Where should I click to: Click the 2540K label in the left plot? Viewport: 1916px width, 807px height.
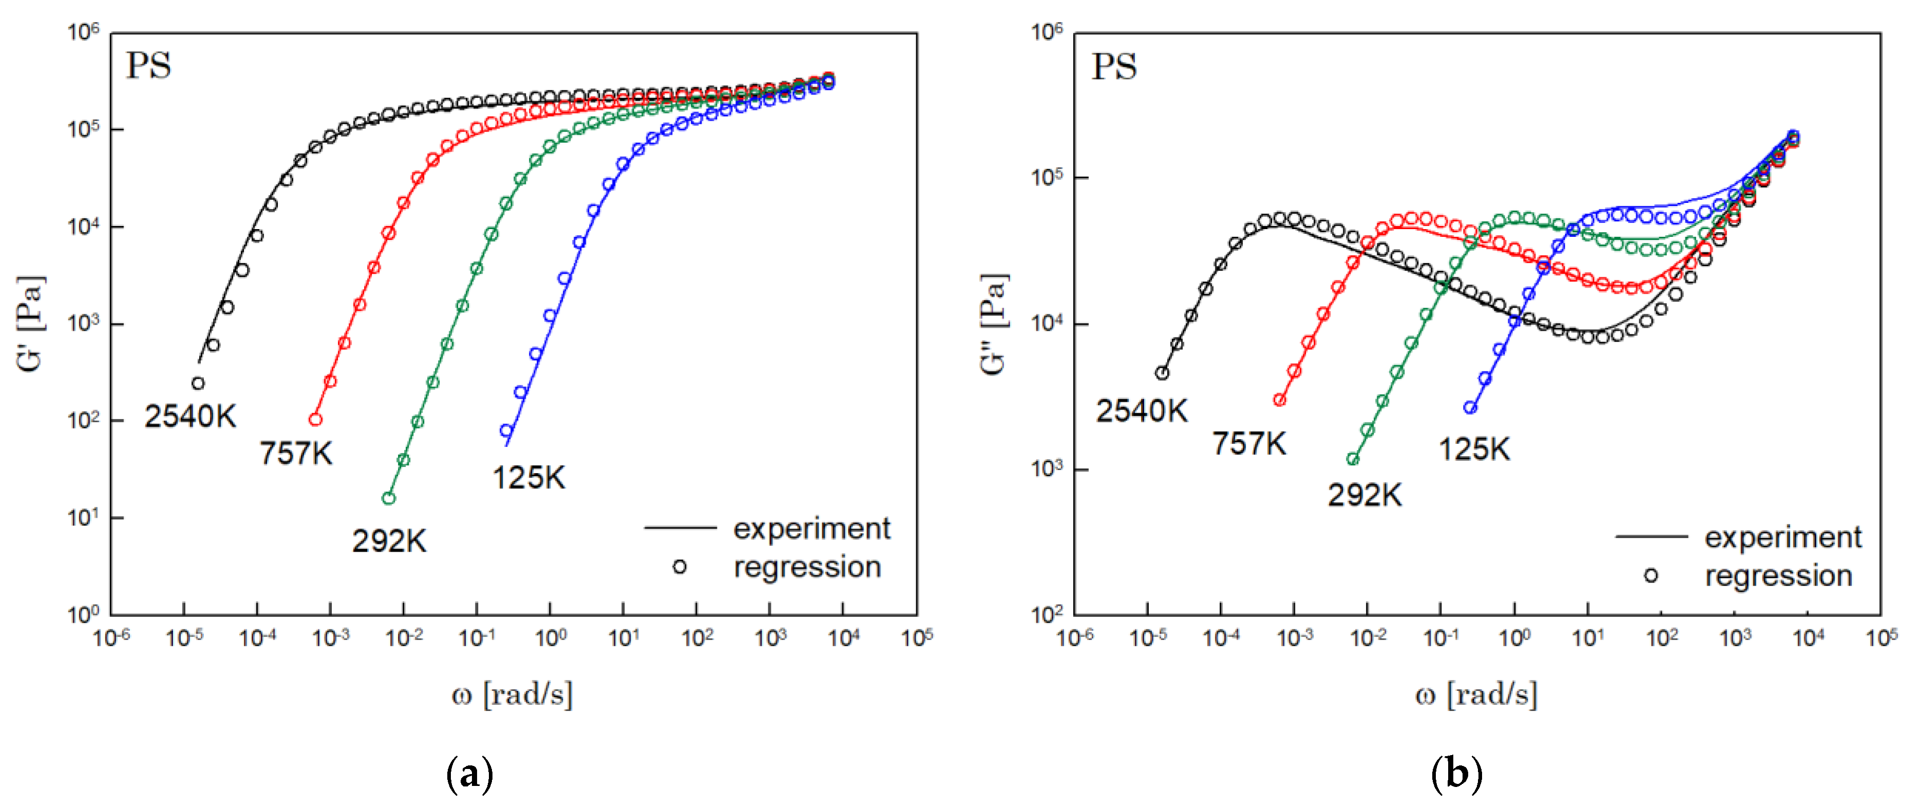pos(191,417)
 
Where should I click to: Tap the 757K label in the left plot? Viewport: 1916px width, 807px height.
pos(296,453)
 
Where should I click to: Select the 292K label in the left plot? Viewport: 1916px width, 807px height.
pos(389,541)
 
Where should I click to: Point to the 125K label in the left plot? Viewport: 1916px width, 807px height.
pos(529,478)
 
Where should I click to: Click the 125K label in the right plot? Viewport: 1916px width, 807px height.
pos(1474,449)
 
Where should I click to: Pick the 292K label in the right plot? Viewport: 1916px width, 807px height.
pos(1365,495)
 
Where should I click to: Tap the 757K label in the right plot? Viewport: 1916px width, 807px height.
pos(1249,444)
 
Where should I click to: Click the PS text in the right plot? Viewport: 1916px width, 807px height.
pos(1113,66)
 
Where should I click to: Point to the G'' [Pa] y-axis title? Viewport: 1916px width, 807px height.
pos(994,324)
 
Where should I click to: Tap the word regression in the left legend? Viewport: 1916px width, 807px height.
pos(807,568)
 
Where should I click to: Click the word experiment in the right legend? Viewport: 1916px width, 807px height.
pos(1783,537)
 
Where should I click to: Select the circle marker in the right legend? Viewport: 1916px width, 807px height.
pos(1651,575)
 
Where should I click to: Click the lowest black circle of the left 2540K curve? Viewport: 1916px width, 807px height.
pos(198,384)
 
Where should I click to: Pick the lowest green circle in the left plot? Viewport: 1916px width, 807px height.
pos(388,498)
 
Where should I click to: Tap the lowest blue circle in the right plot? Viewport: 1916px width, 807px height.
pos(1470,407)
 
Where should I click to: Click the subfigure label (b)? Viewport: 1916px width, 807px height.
pos(1455,774)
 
